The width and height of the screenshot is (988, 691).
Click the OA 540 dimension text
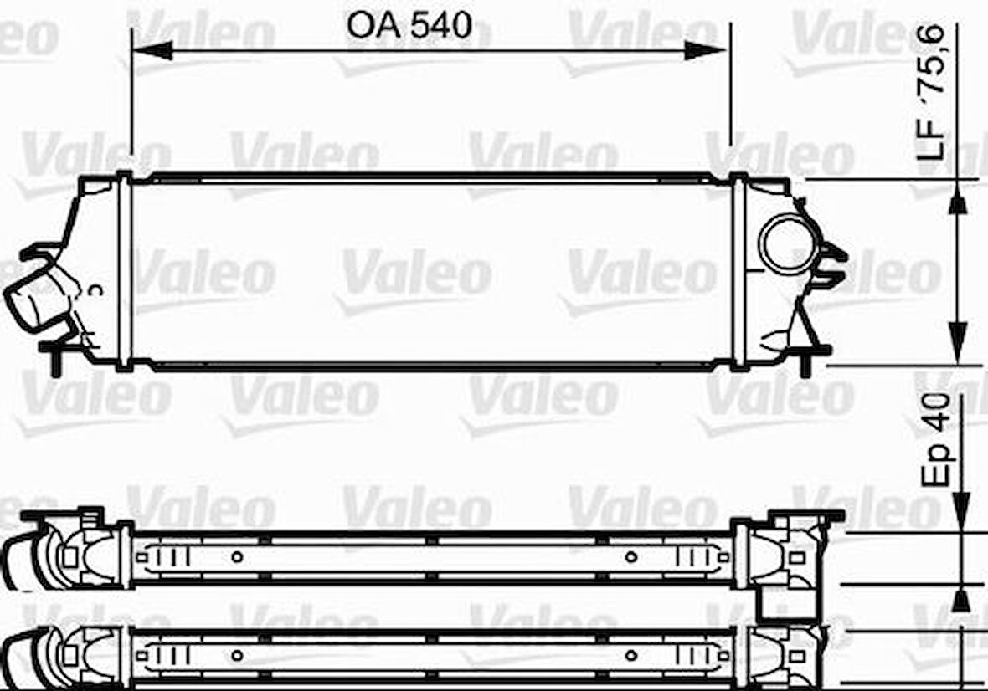409,27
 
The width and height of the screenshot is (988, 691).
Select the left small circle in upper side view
237,556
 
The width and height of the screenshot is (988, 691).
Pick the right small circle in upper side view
631,556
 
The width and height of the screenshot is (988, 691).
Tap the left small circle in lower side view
237,654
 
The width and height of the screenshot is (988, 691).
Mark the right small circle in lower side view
631,654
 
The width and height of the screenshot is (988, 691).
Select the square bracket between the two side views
785,605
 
